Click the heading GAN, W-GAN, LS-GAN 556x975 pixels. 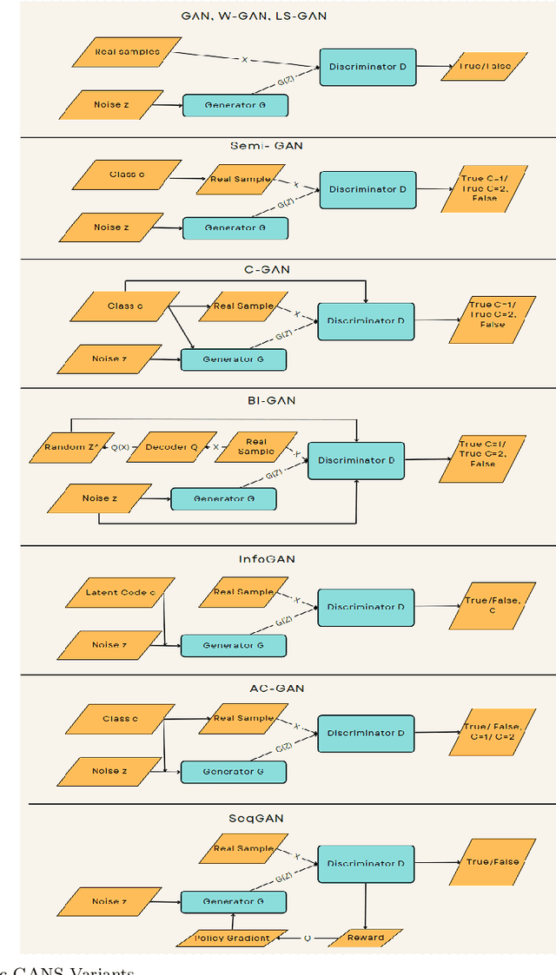pyautogui.click(x=254, y=16)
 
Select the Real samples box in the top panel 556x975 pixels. pyautogui.click(x=127, y=52)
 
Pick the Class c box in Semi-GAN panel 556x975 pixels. pyautogui.click(x=127, y=175)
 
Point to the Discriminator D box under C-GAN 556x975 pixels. pyautogui.click(x=366, y=320)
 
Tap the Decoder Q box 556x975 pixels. pyautogui.click(x=171, y=448)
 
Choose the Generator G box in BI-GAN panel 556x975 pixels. pyautogui.click(x=223, y=498)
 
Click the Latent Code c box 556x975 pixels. pyautogui.click(x=120, y=592)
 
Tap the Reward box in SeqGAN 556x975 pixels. pyautogui.click(x=365, y=938)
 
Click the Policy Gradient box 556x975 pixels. pyautogui.click(x=234, y=938)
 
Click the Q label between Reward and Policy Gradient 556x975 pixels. pyautogui.click(x=308, y=938)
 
